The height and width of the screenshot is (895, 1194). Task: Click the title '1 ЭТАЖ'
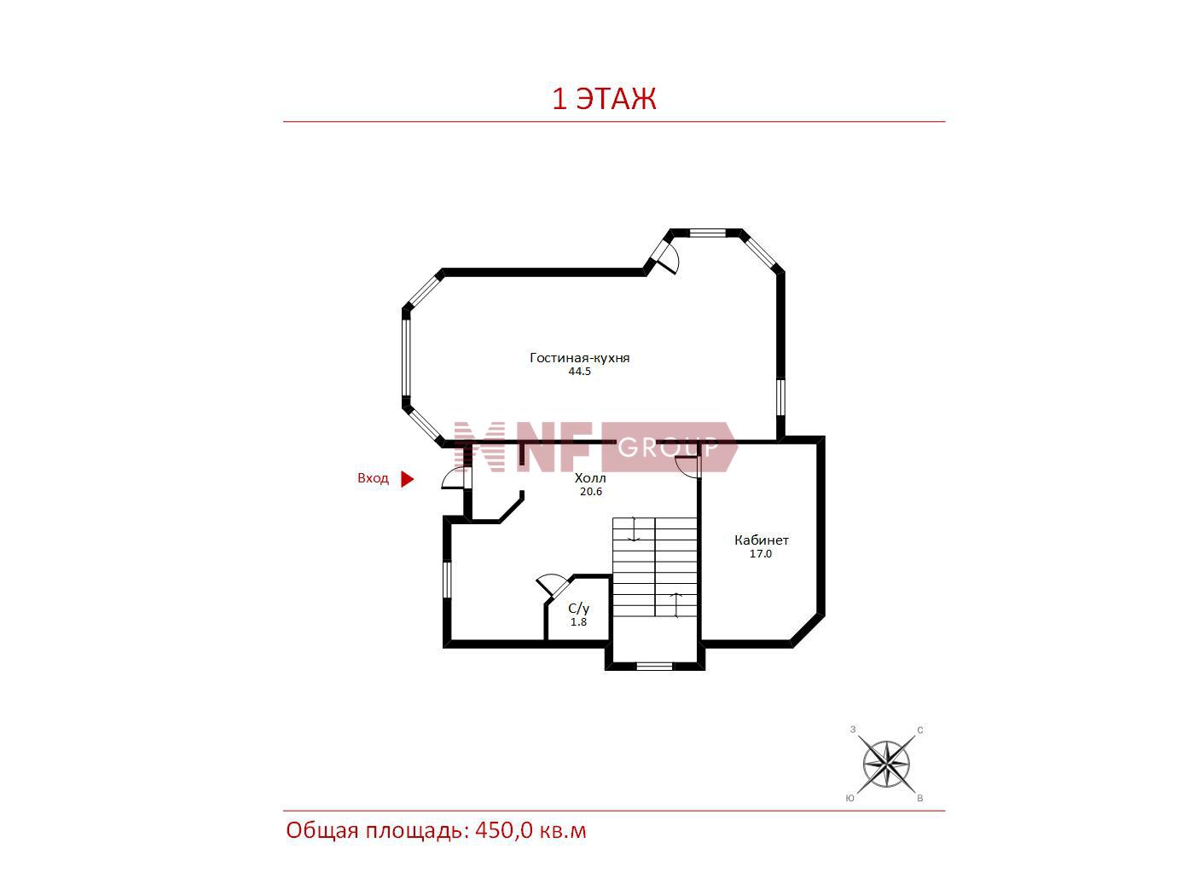pyautogui.click(x=604, y=99)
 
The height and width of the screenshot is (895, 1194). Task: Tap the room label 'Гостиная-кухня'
pyautogui.click(x=579, y=357)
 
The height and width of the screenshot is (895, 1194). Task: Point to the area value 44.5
pyautogui.click(x=579, y=372)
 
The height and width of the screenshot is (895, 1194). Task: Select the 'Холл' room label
pyautogui.click(x=590, y=478)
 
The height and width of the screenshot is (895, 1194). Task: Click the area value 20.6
pyautogui.click(x=591, y=492)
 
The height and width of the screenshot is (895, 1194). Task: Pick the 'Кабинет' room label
pyautogui.click(x=761, y=540)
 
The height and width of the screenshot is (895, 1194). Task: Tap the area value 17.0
pyautogui.click(x=761, y=554)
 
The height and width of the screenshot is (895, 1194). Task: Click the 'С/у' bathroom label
pyautogui.click(x=579, y=608)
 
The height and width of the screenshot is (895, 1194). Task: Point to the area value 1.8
pyautogui.click(x=578, y=621)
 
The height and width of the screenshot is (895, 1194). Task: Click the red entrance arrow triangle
pyautogui.click(x=408, y=479)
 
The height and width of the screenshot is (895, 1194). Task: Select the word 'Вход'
pyautogui.click(x=373, y=478)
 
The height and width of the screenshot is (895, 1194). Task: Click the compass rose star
pyautogui.click(x=886, y=764)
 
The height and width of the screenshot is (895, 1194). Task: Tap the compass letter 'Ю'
pyautogui.click(x=850, y=799)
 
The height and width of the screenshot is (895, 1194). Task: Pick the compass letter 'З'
pyautogui.click(x=853, y=730)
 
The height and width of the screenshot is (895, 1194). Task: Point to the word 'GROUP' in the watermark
pyautogui.click(x=668, y=447)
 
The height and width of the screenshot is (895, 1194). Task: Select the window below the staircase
pyautogui.click(x=654, y=667)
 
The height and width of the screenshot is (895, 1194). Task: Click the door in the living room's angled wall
pyautogui.click(x=667, y=258)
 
